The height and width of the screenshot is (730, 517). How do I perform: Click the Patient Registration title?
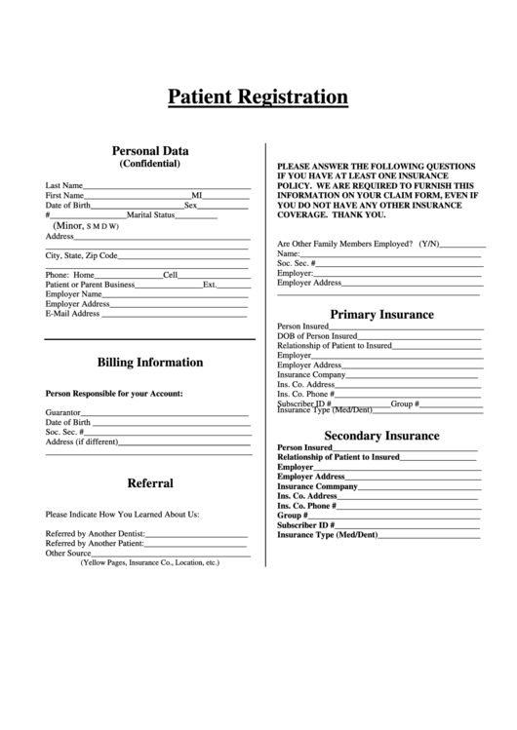(258, 96)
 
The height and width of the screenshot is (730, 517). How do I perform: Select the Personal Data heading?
(150, 151)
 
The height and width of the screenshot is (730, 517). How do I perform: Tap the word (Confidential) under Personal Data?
(150, 164)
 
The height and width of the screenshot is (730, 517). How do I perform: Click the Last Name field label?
(64, 185)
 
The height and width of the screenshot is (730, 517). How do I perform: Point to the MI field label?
(196, 196)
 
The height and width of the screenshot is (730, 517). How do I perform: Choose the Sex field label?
(191, 206)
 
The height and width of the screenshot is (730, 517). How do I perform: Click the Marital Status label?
(150, 215)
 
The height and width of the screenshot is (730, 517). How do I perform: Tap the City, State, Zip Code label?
(82, 255)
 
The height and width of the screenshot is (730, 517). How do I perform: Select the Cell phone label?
(170, 275)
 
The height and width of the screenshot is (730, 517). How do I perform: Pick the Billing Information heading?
(150, 363)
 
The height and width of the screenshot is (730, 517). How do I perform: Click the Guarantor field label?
(63, 412)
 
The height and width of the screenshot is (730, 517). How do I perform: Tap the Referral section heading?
(150, 483)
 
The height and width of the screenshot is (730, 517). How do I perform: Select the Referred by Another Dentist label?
(96, 534)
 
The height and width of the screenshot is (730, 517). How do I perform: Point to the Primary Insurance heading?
(381, 315)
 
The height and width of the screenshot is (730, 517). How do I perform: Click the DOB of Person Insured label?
(316, 336)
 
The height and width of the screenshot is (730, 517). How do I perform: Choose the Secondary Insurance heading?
(381, 436)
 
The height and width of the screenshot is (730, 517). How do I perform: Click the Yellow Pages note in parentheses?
(150, 562)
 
